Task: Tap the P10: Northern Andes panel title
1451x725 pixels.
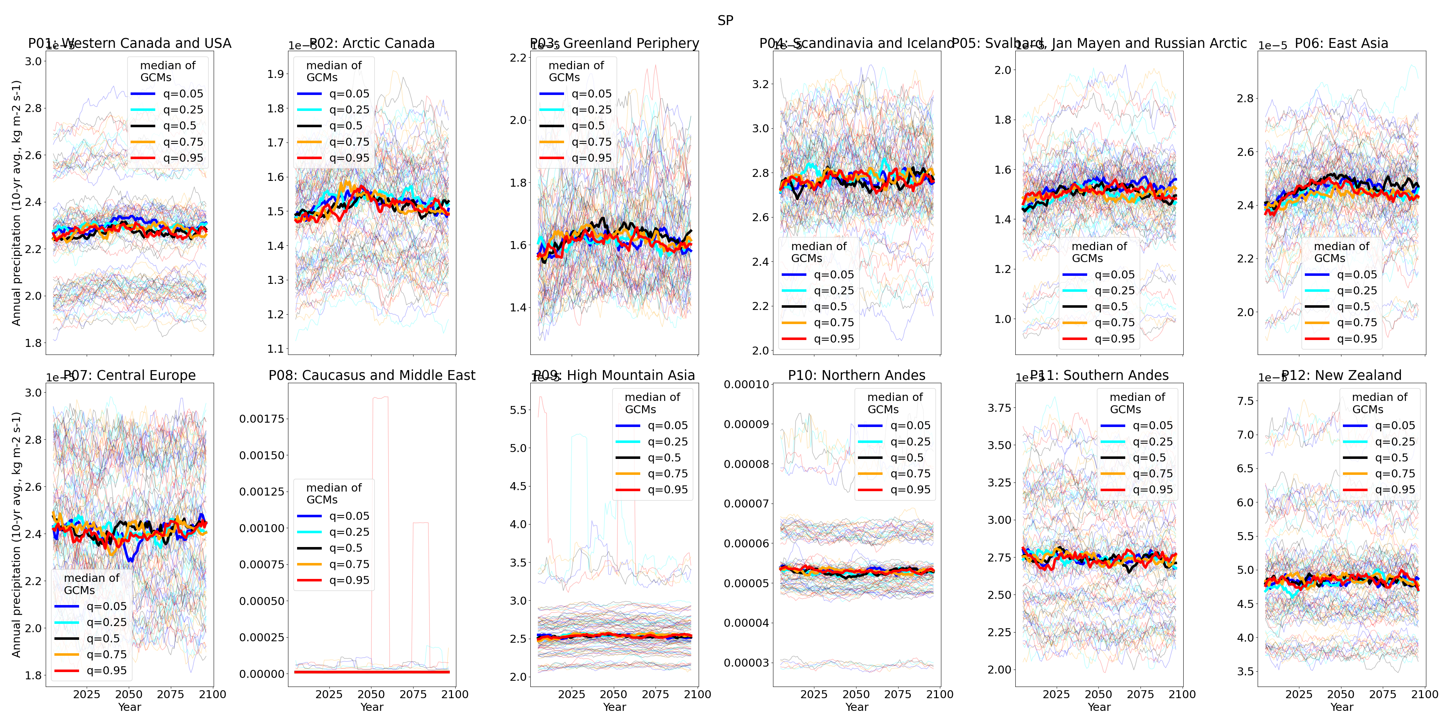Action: pyautogui.click(x=856, y=376)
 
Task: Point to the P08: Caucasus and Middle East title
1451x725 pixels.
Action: pyautogui.click(x=372, y=376)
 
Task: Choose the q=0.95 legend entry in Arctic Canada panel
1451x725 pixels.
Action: pyautogui.click(x=349, y=158)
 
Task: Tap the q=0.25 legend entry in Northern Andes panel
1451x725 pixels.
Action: pyautogui.click(x=910, y=442)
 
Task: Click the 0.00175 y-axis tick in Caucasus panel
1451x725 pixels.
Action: pyautogui.click(x=262, y=419)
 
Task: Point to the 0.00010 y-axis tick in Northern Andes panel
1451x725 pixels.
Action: pyautogui.click(x=746, y=385)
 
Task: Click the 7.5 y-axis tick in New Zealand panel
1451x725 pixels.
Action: pyautogui.click(x=1245, y=401)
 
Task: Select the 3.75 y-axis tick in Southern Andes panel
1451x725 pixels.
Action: pyautogui.click(x=999, y=408)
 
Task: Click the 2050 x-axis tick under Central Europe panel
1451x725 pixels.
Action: pyautogui.click(x=128, y=694)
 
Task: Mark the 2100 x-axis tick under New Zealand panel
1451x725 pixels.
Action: pyautogui.click(x=1424, y=694)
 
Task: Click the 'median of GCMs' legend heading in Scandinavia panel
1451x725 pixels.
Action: pyautogui.click(x=818, y=252)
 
